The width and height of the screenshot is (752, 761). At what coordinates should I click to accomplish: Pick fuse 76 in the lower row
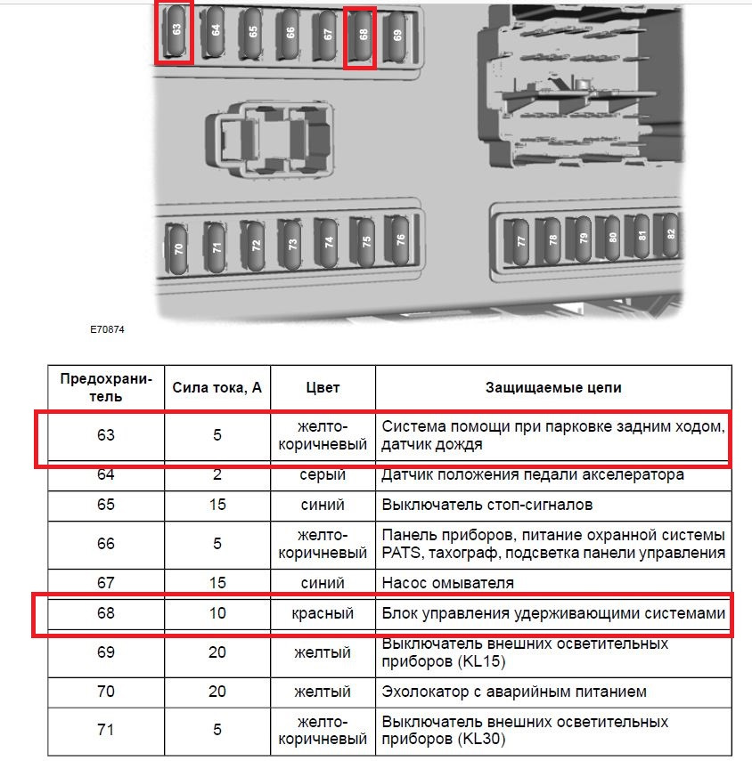(x=400, y=239)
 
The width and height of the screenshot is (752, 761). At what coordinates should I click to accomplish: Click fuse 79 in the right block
(x=583, y=239)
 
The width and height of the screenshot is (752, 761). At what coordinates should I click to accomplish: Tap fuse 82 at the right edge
(x=670, y=235)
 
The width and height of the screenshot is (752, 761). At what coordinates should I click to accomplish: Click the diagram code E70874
(x=107, y=329)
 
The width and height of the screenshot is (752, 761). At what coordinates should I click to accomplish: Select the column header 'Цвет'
(x=323, y=388)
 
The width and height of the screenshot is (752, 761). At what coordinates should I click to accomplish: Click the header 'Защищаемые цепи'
(x=553, y=388)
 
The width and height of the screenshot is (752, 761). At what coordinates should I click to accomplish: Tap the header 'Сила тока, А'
(x=217, y=388)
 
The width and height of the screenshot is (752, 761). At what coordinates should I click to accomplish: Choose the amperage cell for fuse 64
(x=217, y=474)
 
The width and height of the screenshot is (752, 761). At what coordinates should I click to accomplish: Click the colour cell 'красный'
(x=323, y=613)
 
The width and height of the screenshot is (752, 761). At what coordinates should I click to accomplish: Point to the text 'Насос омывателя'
(x=447, y=583)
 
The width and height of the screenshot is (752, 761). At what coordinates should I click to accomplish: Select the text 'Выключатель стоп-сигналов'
(x=487, y=505)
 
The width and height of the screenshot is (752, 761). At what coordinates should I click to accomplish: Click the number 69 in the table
(x=106, y=652)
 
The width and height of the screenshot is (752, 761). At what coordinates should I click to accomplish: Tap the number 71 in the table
(x=106, y=730)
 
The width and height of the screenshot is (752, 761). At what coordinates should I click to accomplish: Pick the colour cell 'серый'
(x=323, y=474)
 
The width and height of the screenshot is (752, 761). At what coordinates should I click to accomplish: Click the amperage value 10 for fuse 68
(x=217, y=613)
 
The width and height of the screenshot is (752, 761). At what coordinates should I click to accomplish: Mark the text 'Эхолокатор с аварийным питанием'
(x=514, y=692)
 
